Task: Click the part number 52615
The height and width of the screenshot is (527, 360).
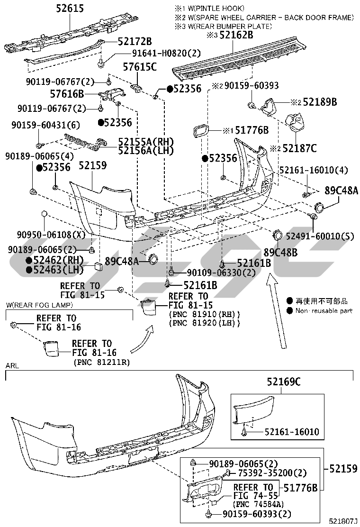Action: point(70,9)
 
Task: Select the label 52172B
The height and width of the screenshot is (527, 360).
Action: point(135,41)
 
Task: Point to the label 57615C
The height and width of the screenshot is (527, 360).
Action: point(140,67)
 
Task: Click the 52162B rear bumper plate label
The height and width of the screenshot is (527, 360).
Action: point(236,35)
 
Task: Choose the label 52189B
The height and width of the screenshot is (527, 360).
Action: point(320,102)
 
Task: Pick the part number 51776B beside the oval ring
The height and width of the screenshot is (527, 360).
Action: point(252,130)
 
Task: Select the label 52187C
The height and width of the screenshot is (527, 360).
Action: point(299,148)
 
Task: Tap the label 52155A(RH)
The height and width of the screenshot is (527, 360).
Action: point(146,142)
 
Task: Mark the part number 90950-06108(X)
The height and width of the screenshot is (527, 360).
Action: point(51,235)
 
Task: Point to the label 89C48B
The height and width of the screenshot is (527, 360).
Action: point(280,253)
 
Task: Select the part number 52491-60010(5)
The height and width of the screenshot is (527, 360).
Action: point(320,236)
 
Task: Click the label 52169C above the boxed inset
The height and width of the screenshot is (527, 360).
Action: point(284,382)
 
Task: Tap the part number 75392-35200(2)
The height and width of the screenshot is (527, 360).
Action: point(272,473)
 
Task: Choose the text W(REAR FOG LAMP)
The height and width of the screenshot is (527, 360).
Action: point(39,305)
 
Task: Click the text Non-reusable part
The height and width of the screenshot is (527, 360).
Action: point(324,311)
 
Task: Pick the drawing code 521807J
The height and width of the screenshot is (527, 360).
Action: point(343,521)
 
